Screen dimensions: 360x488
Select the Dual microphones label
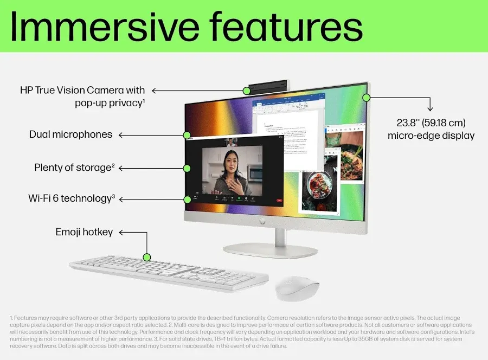point(71,134)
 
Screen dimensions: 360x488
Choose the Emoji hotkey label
point(84,232)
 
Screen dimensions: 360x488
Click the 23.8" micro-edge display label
point(431,129)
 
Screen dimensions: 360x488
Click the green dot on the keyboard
point(146,257)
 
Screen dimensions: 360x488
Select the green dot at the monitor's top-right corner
point(366,98)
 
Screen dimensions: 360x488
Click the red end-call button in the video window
point(279,200)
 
